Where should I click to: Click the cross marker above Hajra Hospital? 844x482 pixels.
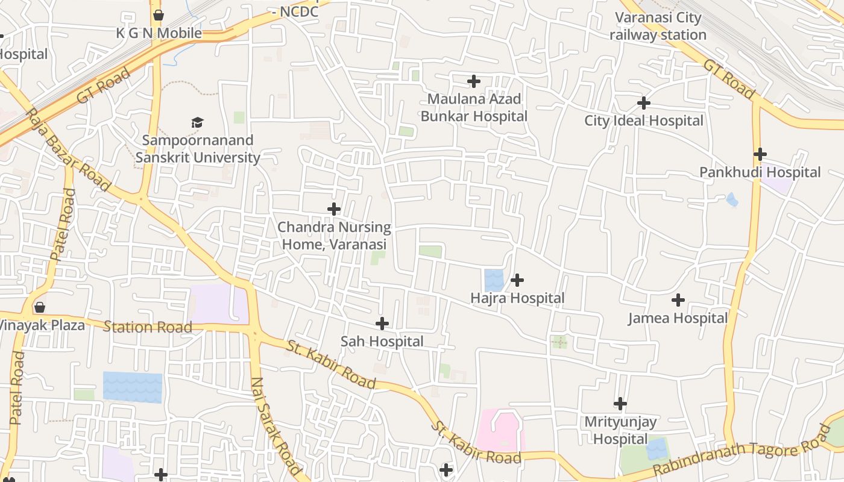[x=517, y=280]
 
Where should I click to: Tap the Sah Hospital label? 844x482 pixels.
[x=382, y=342]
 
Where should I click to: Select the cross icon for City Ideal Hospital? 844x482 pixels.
[x=644, y=103]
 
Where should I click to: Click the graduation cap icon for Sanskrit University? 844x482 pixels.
[x=198, y=123]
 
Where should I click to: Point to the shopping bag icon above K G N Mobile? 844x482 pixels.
[x=159, y=15]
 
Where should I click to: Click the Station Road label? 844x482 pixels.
[x=148, y=327]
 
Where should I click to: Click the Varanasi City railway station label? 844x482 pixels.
[x=658, y=27]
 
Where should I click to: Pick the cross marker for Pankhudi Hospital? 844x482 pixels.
[x=760, y=154]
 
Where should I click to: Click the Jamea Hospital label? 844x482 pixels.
[x=678, y=318]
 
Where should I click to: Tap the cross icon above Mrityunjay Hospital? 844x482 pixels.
[x=620, y=404]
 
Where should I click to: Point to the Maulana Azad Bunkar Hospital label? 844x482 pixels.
[x=474, y=107]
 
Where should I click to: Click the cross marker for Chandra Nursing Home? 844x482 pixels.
[x=334, y=209]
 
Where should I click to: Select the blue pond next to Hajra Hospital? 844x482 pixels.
[x=494, y=280]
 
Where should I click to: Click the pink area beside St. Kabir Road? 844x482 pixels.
[x=500, y=431]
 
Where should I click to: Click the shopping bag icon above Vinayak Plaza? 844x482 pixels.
[x=40, y=307]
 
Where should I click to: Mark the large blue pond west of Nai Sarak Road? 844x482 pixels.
[x=133, y=387]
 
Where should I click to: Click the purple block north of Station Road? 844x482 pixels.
[x=219, y=304]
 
